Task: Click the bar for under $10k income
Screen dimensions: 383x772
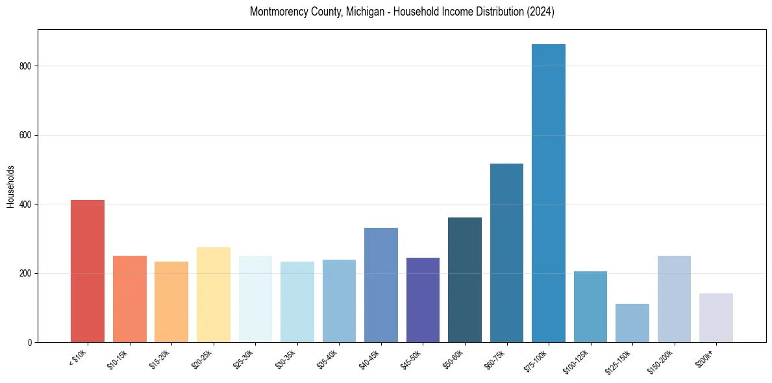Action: coord(88,271)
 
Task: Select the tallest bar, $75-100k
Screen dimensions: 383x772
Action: coord(549,193)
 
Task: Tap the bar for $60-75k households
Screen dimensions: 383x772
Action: coord(506,253)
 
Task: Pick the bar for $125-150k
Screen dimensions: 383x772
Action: coord(632,323)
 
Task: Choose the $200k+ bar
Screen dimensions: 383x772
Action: coord(716,317)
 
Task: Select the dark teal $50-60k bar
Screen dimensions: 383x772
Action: coord(465,280)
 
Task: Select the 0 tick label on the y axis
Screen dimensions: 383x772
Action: coord(30,342)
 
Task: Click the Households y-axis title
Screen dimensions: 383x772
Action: coord(10,186)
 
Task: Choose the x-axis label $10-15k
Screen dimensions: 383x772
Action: coord(118,358)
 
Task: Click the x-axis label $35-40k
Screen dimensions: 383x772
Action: coord(327,358)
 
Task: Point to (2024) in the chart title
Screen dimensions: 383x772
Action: coord(540,12)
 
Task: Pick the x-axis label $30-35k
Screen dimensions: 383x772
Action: coord(285,358)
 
